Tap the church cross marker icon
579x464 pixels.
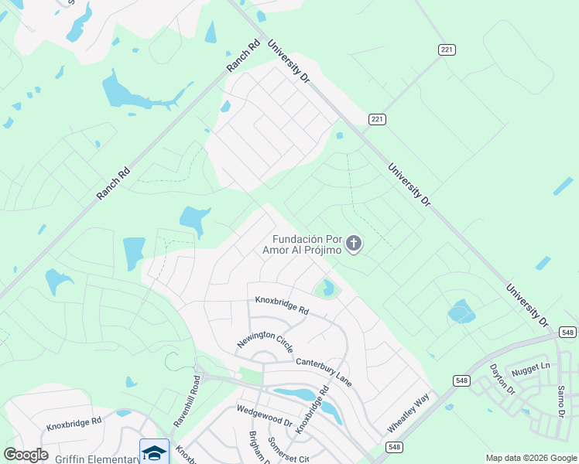point(354,245)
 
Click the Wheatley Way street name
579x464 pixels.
point(408,414)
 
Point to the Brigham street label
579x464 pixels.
point(254,445)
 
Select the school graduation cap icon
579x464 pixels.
point(154,451)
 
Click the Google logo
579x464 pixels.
point(26,455)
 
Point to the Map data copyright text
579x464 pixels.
point(531,458)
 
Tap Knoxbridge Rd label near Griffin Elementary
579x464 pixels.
point(74,423)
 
